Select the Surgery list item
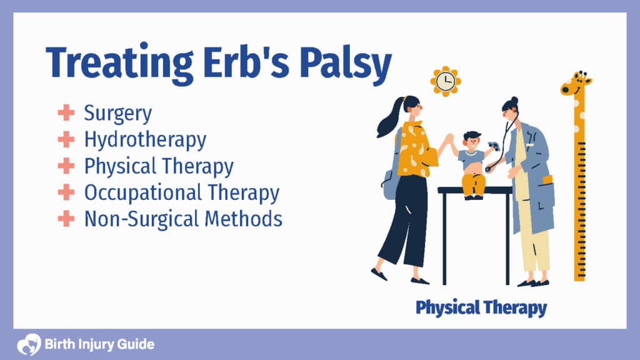(x=117, y=114)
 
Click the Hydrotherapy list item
(x=145, y=139)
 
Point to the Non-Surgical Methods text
(x=183, y=219)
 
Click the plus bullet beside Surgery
(x=66, y=113)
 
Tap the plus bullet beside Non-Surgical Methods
(x=66, y=219)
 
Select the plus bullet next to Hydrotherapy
(x=66, y=139)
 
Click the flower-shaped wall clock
(x=446, y=81)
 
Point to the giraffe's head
(x=574, y=84)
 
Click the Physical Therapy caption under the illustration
(x=481, y=307)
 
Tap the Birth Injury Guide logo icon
(x=29, y=344)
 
